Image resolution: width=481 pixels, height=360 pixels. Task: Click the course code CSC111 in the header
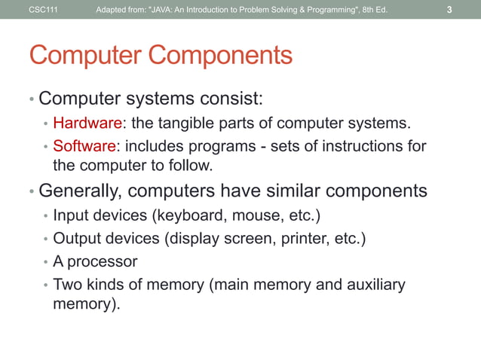click(x=42, y=10)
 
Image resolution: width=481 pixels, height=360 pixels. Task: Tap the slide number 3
click(x=449, y=10)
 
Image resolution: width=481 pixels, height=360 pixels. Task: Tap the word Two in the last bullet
click(x=67, y=285)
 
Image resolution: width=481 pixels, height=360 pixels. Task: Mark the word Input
click(x=69, y=217)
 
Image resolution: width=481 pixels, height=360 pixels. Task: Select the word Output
click(x=75, y=239)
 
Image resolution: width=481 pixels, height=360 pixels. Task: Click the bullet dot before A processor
click(x=45, y=263)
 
